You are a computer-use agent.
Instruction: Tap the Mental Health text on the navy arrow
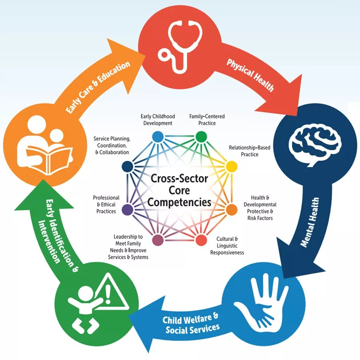click(x=310, y=222)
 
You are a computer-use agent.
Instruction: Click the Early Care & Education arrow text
click(x=98, y=87)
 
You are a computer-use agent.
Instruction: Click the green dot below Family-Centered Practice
click(x=201, y=137)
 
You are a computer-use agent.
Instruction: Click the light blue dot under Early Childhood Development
click(x=158, y=136)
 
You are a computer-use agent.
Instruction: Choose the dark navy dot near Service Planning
click(x=127, y=166)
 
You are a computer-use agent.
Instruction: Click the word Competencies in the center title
click(x=179, y=202)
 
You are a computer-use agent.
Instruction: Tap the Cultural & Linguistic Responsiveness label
click(x=227, y=246)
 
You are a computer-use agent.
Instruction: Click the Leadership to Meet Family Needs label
click(x=128, y=247)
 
